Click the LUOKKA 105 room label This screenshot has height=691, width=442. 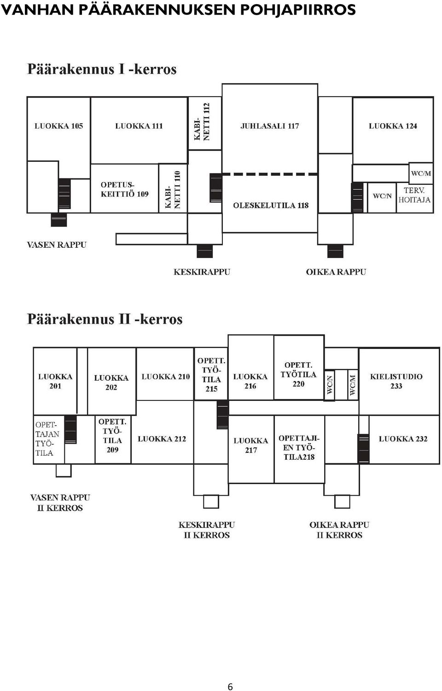[58, 126]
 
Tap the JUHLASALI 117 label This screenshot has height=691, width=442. [270, 126]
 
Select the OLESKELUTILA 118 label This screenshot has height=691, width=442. [271, 206]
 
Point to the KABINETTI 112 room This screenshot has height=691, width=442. [204, 123]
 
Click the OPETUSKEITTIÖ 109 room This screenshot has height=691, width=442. [124, 188]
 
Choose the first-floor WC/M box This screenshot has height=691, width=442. [421, 173]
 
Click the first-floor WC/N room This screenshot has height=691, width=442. [382, 198]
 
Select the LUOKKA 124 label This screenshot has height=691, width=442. [393, 126]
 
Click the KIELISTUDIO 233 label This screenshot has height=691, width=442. [396, 381]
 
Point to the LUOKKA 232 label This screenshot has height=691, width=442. [403, 439]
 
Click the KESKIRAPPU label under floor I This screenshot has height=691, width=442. [202, 272]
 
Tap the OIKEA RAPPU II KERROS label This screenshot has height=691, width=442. [339, 530]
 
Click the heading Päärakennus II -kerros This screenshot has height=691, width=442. [105, 319]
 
